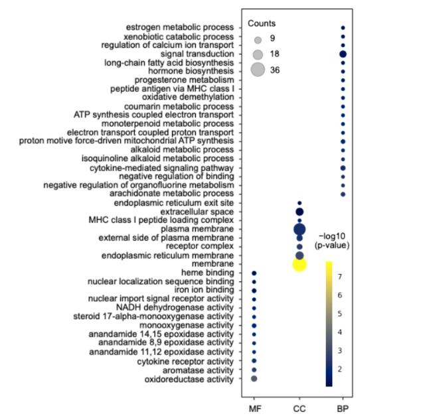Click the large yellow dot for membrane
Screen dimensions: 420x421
tap(299, 264)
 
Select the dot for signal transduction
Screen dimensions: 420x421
tap(343, 54)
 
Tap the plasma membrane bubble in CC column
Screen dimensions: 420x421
tap(299, 229)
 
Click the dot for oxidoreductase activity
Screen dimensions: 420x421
tap(254, 378)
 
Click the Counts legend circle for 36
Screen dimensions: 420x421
tap(258, 70)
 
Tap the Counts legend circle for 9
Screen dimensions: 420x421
tap(258, 39)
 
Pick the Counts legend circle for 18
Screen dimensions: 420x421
tap(258, 54)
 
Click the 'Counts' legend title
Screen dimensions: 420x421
tap(262, 23)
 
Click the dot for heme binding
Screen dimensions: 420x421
tap(254, 273)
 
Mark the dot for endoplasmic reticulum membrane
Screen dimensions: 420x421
tap(299, 255)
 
